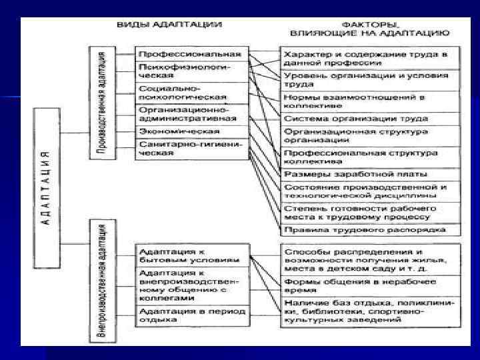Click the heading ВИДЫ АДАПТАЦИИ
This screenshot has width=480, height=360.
169,24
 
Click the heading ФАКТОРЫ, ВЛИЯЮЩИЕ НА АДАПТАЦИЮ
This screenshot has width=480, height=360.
369,27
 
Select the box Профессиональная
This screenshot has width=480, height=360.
190,53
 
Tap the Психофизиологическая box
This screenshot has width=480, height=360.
190,71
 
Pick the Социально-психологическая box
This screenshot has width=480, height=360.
190,93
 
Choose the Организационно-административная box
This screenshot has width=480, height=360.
190,114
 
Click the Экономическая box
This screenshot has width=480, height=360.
190,131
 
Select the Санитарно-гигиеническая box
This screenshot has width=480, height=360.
190,148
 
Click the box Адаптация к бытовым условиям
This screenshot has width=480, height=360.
190,256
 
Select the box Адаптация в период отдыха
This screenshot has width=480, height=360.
190,315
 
